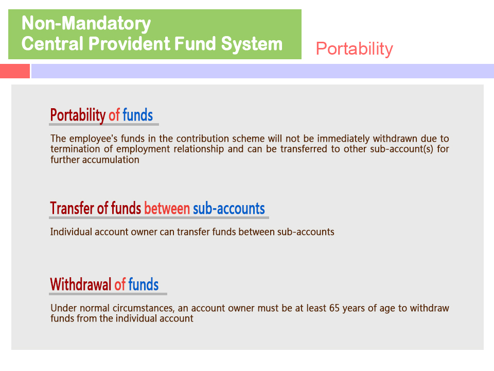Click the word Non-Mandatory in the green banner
pos(86,23)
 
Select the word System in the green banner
pos(252,44)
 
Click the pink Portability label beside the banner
pos(355,49)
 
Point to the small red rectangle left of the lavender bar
pos(15,71)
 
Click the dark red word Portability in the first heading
pos(78,115)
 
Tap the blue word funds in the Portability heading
pos(138,115)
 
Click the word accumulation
pos(111,160)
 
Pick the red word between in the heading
pos(167,209)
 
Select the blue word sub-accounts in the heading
pos(228,209)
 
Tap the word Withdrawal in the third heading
pos(81,284)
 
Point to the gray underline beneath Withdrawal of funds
pos(108,294)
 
